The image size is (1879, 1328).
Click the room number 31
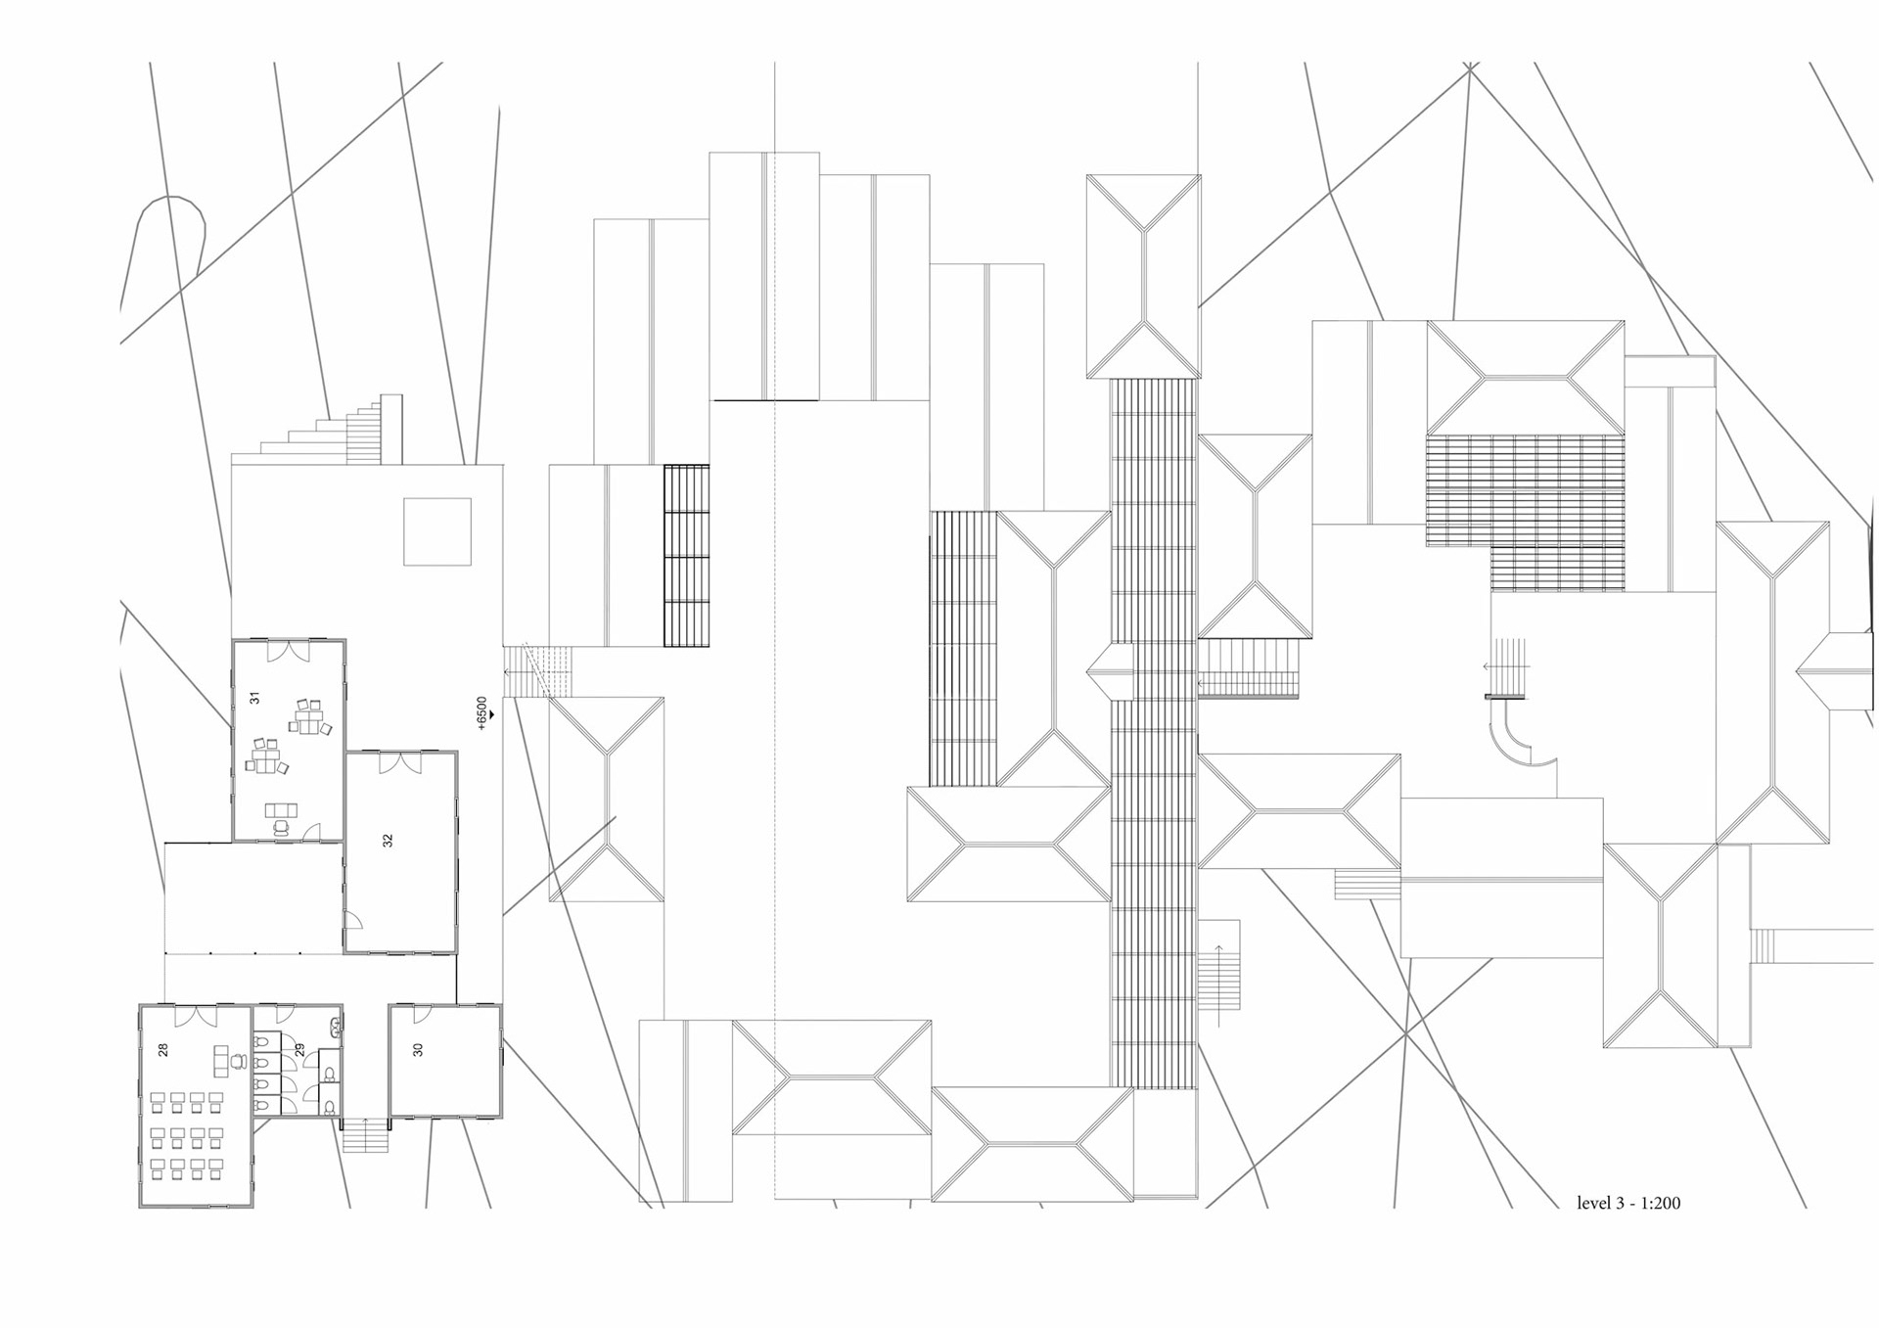[255, 698]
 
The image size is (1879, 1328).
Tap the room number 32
[389, 840]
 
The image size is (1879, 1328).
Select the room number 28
[163, 1049]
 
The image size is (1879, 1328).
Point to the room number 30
[419, 1049]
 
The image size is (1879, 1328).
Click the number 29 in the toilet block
[299, 1049]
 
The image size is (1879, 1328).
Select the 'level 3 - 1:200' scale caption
[1627, 1204]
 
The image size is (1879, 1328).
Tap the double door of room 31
[289, 651]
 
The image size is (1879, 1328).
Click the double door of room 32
[400, 762]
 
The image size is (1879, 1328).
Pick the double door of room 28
[196, 1016]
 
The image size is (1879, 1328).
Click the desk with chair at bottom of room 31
[282, 814]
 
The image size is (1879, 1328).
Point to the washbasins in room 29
[336, 1028]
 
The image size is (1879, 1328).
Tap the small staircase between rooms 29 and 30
[365, 1135]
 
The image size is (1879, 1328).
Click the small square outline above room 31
[437, 531]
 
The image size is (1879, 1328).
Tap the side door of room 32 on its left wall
[353, 920]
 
